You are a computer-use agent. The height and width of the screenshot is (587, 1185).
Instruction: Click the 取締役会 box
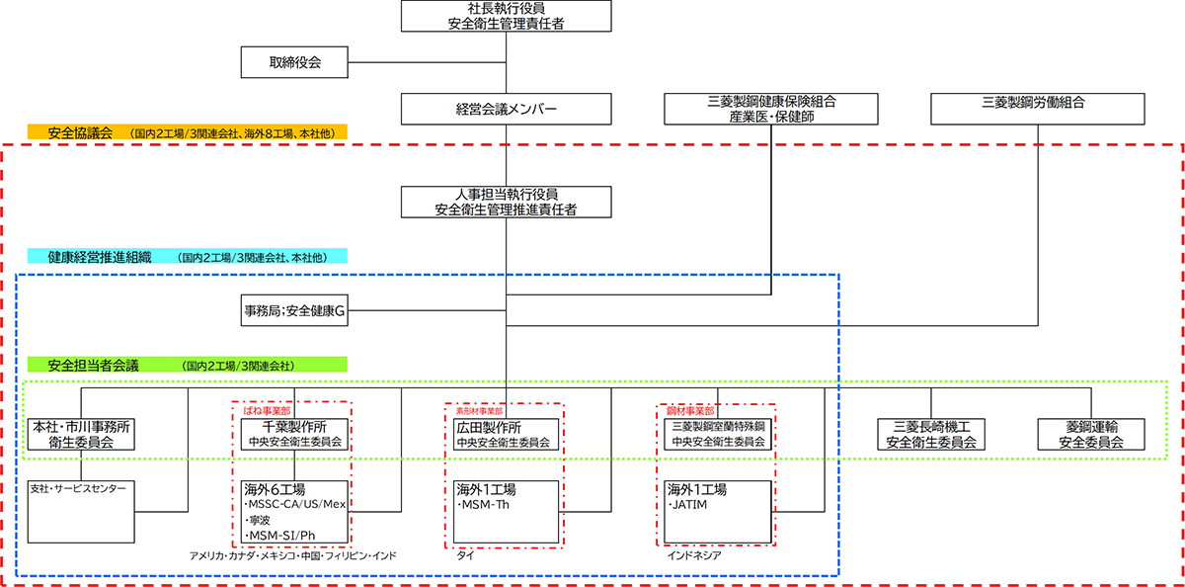[294, 62]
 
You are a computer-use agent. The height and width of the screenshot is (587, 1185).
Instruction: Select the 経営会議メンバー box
[507, 109]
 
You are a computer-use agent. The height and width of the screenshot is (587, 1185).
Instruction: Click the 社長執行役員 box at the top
[507, 17]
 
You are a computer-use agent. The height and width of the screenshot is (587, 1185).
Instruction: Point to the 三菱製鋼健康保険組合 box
[771, 109]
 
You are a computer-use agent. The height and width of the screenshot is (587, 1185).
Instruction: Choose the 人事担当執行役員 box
[507, 202]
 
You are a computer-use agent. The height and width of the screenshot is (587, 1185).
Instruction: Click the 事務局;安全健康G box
[294, 310]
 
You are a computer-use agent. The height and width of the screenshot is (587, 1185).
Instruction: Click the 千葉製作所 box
[294, 434]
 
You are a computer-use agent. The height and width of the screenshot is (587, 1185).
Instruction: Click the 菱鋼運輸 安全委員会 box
[1090, 435]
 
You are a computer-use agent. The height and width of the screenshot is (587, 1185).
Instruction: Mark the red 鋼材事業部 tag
[690, 409]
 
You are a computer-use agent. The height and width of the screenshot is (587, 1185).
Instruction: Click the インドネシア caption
[693, 555]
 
